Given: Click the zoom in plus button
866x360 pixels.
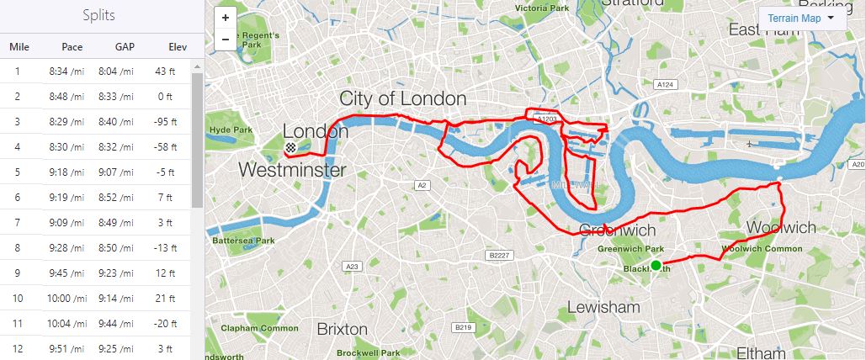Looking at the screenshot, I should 226,18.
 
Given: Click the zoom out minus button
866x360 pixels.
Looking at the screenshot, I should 226,39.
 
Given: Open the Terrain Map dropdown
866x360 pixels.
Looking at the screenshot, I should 801,18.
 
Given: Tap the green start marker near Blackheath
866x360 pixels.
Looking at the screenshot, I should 656,266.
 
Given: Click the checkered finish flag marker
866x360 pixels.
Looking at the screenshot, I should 290,148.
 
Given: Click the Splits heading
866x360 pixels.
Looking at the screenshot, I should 99,16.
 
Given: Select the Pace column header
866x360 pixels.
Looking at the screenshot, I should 72,47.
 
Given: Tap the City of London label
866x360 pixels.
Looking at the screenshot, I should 402,98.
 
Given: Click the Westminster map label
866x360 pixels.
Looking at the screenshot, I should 292,170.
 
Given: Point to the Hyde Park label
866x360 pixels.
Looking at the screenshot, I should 231,130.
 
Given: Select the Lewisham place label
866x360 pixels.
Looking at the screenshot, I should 603,307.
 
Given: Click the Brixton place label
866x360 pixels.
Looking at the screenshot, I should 342,328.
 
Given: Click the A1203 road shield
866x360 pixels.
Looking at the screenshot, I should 547,120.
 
